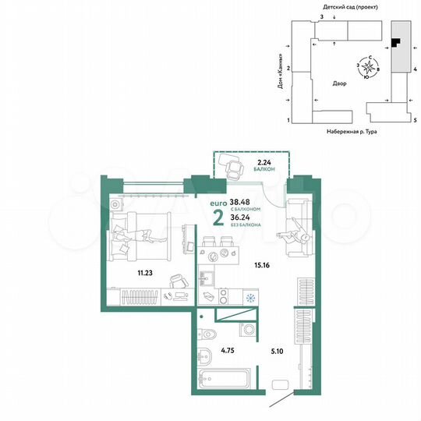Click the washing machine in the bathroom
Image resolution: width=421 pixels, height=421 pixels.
coord(246,330)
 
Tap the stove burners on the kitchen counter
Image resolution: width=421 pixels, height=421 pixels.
coord(222,296)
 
